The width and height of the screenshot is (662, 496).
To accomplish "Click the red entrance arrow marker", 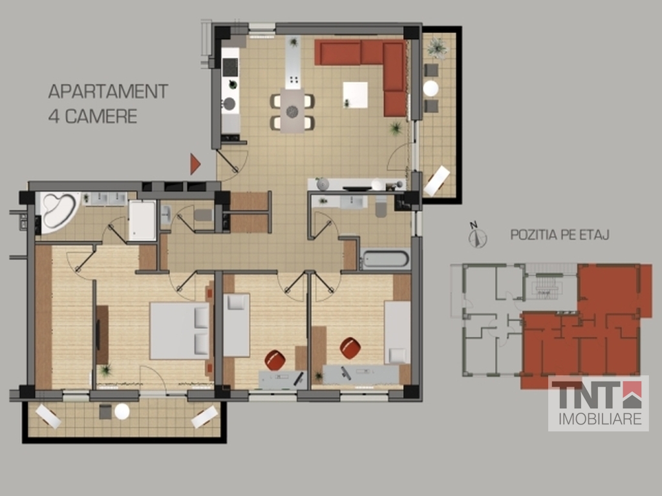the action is (x=195, y=164).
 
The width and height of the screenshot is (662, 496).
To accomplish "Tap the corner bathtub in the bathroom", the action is (x=58, y=212).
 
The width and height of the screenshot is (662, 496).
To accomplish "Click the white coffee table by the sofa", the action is (x=355, y=95).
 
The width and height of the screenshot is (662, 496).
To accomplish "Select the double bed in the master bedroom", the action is (x=180, y=331).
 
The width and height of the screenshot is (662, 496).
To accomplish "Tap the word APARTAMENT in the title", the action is (x=108, y=92).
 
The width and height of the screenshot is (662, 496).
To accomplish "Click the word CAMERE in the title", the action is (x=101, y=116).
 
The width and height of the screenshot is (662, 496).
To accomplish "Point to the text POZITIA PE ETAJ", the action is (x=560, y=234).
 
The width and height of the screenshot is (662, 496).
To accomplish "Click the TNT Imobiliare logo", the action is (x=598, y=403).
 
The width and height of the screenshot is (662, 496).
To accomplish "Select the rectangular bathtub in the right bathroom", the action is (x=385, y=259).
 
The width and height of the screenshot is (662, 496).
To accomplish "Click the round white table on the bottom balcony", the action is (x=122, y=411).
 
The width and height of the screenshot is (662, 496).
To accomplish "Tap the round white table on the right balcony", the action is (x=431, y=88).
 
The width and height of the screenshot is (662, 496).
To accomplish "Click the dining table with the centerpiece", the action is (x=292, y=110).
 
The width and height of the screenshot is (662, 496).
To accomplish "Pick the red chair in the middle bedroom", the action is (x=275, y=360).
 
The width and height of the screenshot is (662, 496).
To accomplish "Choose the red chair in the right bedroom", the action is (x=350, y=348).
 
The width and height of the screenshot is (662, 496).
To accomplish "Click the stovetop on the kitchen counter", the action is (x=230, y=67).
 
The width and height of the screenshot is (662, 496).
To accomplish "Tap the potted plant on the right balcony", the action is (x=437, y=48).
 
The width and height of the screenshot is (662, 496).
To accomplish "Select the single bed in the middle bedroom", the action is (x=237, y=325).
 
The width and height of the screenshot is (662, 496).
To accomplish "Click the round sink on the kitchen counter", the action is (x=230, y=104).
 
